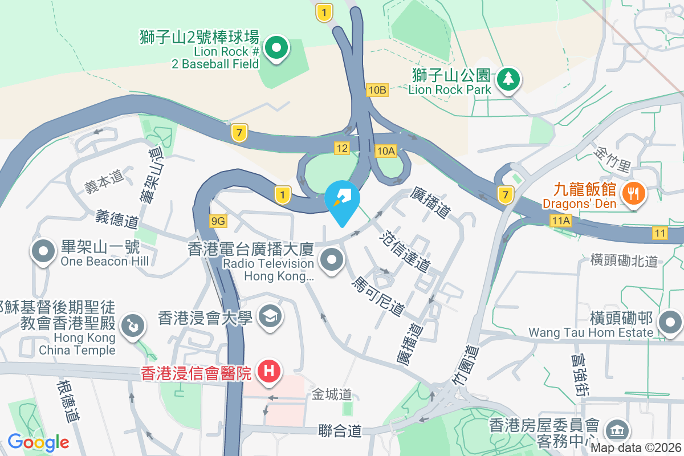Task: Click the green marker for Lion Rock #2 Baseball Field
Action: click(x=276, y=48)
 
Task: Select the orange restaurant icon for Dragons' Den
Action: click(x=633, y=192)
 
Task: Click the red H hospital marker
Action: click(x=270, y=371)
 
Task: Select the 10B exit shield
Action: click(x=377, y=89)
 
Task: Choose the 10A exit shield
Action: click(x=386, y=150)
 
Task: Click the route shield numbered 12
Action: click(x=341, y=148)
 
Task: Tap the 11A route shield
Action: click(x=561, y=219)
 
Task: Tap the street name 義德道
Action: click(x=117, y=219)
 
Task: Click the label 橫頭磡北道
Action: click(x=625, y=260)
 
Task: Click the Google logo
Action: click(x=38, y=442)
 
